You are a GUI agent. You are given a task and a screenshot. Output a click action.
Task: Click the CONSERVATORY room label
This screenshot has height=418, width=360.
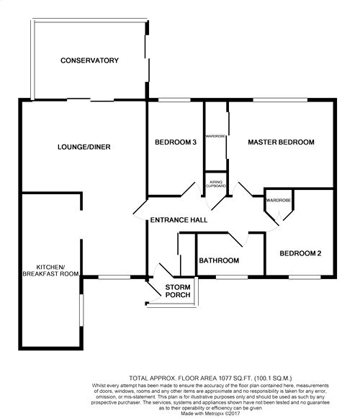coord(89,60)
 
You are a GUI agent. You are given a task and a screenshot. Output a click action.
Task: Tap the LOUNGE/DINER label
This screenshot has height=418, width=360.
coord(83,147)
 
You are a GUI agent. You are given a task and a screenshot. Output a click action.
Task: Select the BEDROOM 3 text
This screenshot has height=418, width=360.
coord(176,142)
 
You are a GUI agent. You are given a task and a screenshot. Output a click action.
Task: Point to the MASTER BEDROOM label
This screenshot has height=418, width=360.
coord(281,142)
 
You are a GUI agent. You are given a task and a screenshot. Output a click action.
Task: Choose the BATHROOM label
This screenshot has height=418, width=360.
coord(219,260)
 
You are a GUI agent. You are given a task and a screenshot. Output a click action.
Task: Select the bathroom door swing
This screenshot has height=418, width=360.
coord(238,240)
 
